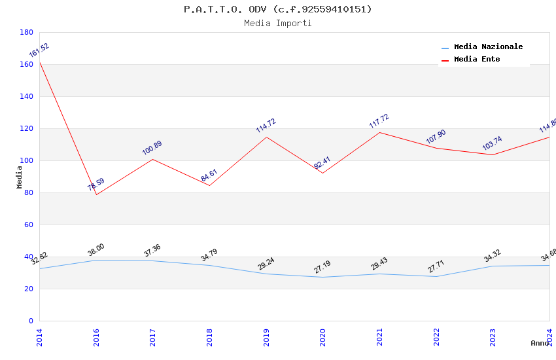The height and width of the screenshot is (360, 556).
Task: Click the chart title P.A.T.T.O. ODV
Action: (277, 9)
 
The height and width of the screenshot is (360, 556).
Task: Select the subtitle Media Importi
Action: (277, 24)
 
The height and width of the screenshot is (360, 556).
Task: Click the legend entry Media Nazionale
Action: (488, 47)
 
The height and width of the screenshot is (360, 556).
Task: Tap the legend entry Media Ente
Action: (476, 60)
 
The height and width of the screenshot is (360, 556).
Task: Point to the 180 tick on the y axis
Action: (26, 32)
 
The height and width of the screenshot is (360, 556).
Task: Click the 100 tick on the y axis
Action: (26, 160)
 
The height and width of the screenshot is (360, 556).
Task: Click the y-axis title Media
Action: (20, 177)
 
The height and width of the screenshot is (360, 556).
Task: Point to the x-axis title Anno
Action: (540, 343)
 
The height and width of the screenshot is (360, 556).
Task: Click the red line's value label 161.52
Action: (39, 50)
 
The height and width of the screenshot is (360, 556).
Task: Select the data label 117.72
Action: (379, 121)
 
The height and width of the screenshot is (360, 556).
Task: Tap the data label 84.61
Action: (209, 175)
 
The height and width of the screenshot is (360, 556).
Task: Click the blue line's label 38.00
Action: (96, 250)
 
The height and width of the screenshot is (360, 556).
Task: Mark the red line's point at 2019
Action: (266, 137)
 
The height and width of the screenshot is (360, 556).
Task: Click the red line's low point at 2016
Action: (96, 194)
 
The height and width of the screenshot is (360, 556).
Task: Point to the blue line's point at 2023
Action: (493, 266)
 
